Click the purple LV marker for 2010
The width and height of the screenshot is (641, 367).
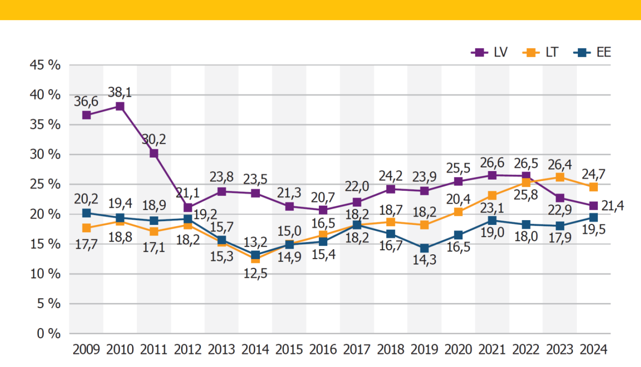[x=120, y=106]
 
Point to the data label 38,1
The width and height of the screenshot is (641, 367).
[x=120, y=92]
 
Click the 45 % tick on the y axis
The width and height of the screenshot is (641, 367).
[x=45, y=65]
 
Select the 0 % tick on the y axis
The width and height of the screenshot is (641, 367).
[x=48, y=333]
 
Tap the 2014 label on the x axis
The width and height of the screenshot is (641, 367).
[x=255, y=350]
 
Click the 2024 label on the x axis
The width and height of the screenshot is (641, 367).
[x=593, y=350]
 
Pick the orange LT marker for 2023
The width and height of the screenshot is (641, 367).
[x=560, y=177]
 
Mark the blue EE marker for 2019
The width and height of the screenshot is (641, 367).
[x=424, y=248]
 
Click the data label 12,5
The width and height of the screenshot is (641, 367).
[x=255, y=274]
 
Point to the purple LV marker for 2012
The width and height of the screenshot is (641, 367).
[x=188, y=207]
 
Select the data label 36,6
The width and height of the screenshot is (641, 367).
[x=86, y=102]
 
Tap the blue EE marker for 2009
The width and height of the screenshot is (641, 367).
[x=86, y=213]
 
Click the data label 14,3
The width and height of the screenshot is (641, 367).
[x=424, y=260]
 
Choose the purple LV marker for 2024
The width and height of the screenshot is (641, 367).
[x=594, y=206]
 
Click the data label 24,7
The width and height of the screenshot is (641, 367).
[x=594, y=174]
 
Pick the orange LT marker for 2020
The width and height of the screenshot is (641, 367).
[x=458, y=212]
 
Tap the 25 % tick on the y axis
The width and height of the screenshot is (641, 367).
[x=45, y=184]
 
